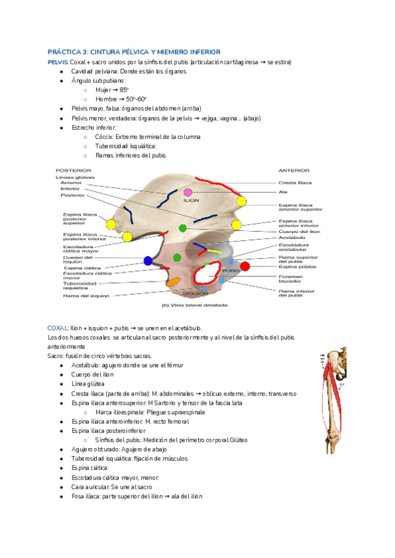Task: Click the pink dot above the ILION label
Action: click(188, 191)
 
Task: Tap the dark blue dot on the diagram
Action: click(147, 261)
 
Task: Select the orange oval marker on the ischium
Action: click(174, 282)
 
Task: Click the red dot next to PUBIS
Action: click(245, 266)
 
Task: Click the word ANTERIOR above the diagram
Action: click(294, 170)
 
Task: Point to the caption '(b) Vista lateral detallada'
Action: click(194, 306)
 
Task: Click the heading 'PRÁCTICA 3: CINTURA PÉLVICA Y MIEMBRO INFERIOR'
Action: click(134, 51)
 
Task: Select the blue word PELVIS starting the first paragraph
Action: click(57, 62)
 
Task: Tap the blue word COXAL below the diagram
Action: click(57, 328)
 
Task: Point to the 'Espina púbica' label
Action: click(294, 266)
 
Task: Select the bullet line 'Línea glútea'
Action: click(89, 384)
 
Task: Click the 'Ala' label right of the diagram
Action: click(283, 192)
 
